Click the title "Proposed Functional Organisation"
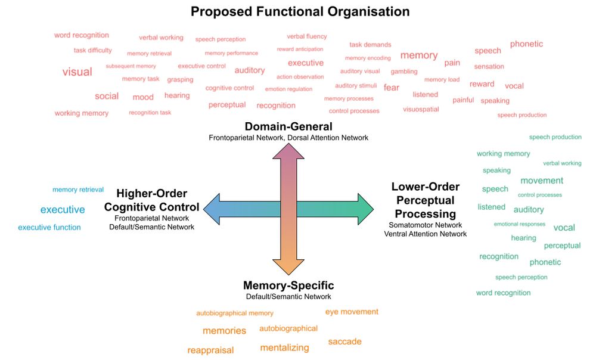coord(300,11)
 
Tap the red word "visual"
coord(77,72)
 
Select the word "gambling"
coord(404,72)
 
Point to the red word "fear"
coord(392,88)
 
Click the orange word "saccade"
coord(344,342)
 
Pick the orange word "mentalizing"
coord(285,347)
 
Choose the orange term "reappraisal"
coord(210,350)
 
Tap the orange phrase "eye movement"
coord(352,312)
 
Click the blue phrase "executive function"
coord(49,227)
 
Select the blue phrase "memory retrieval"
coord(78,190)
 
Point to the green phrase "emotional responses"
coord(520,224)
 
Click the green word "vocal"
coord(564,228)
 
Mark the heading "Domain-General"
coord(288,126)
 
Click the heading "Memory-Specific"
coord(288,285)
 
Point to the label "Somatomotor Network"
coord(425,225)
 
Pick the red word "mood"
coord(143,97)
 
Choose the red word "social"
coord(107,96)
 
